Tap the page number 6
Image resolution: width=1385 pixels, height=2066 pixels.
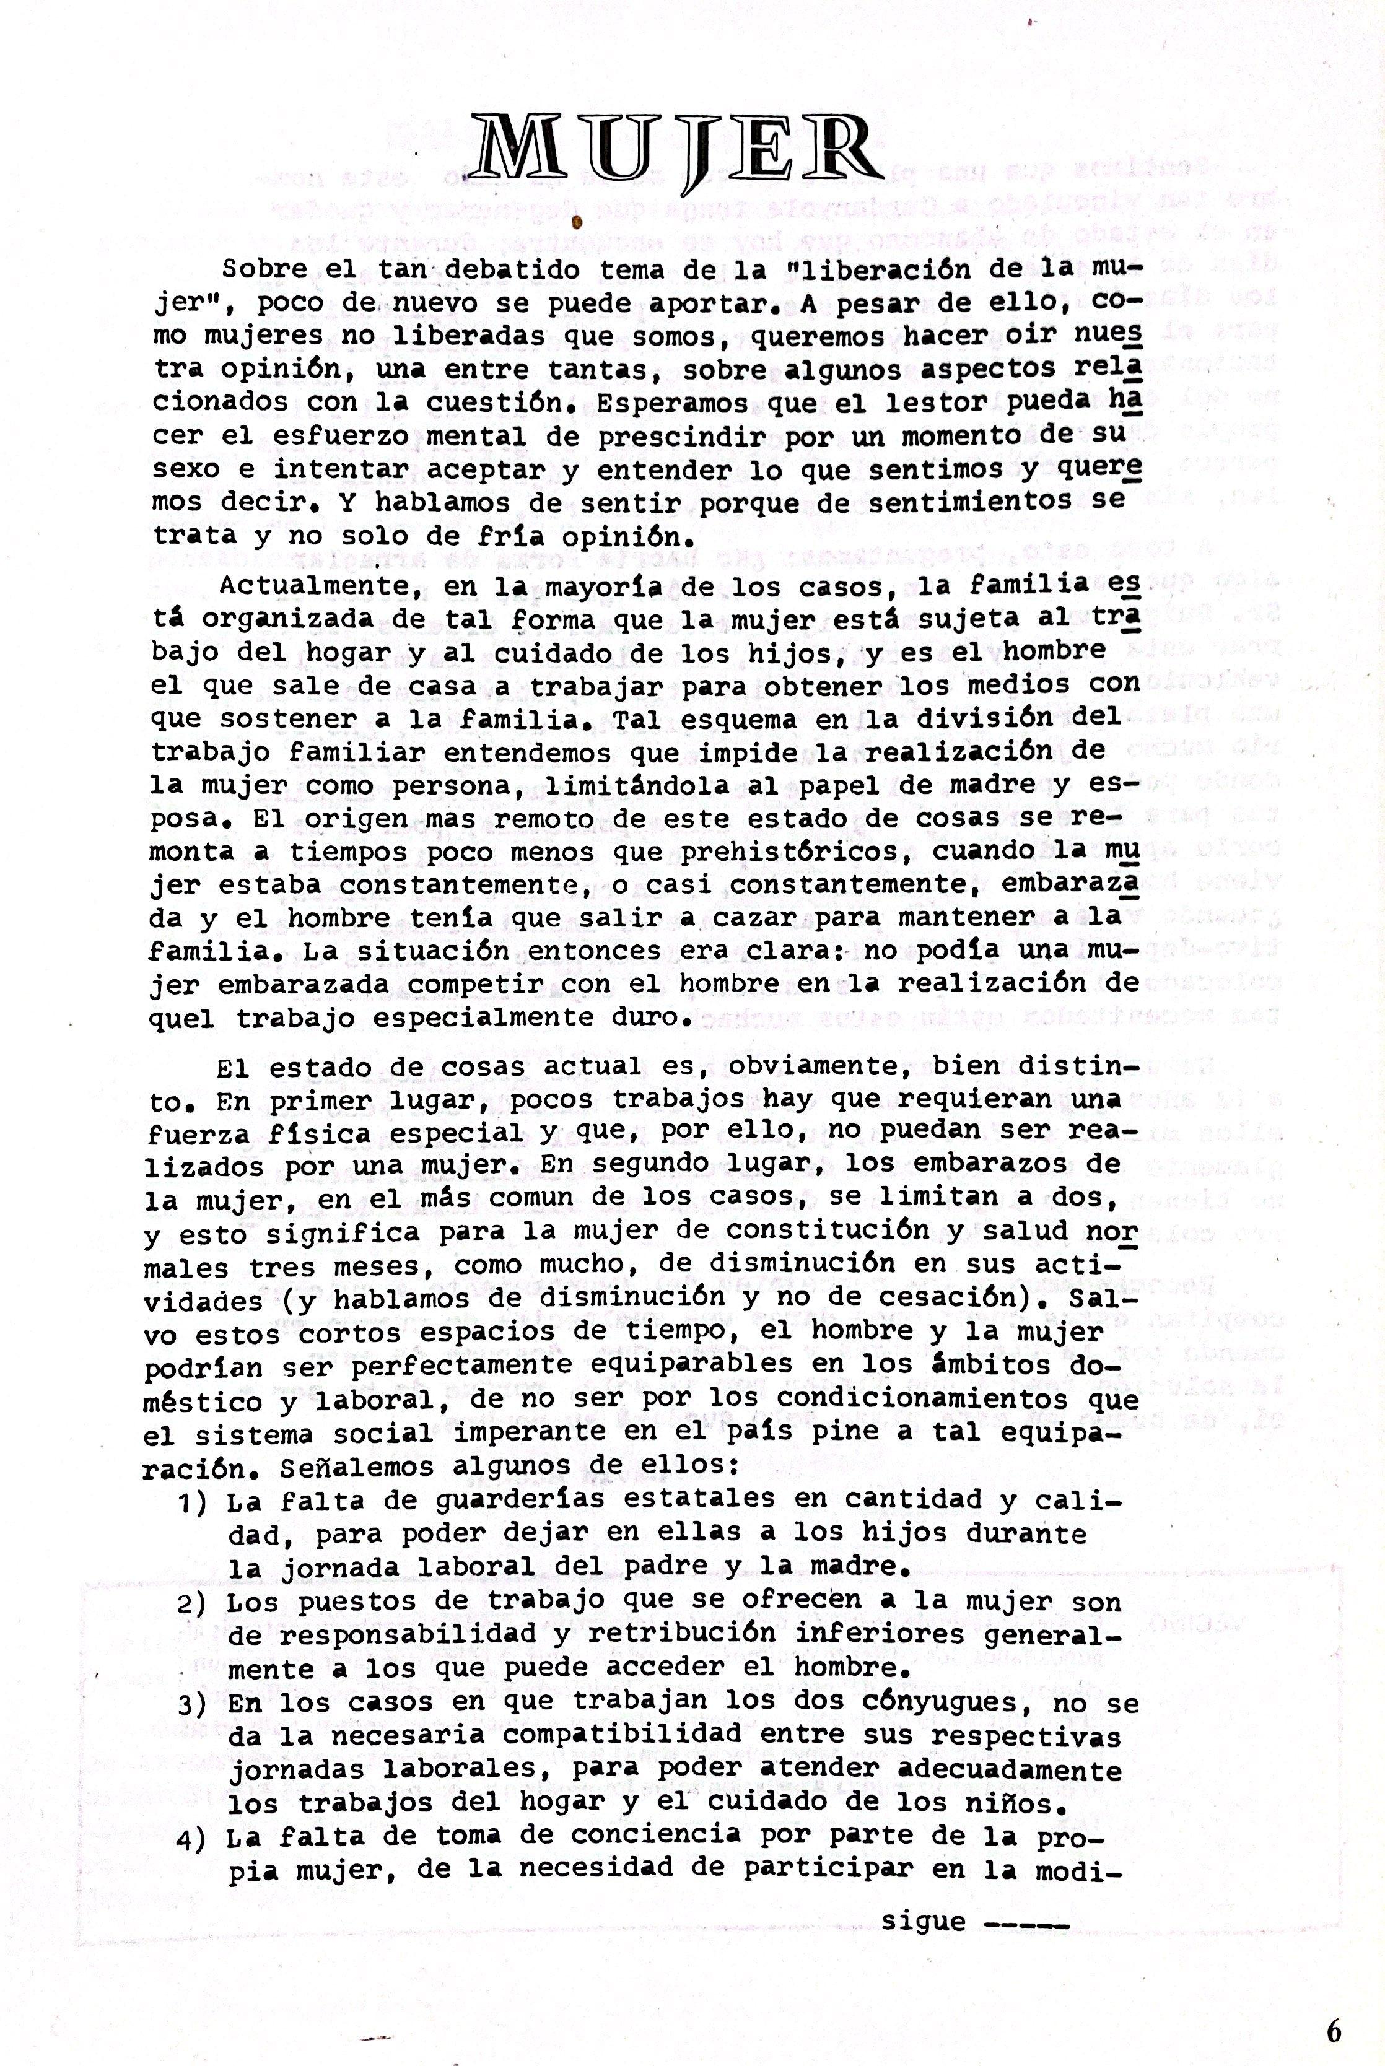pos(1333,2007)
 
